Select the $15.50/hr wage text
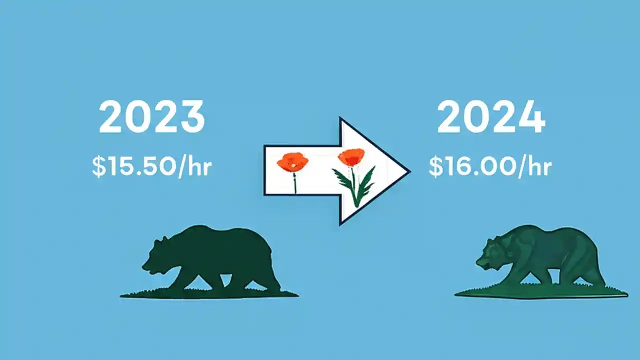click(151, 167)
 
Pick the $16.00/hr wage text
click(489, 166)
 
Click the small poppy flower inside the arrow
click(292, 162)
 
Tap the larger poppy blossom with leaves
click(351, 157)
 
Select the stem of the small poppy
click(294, 183)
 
